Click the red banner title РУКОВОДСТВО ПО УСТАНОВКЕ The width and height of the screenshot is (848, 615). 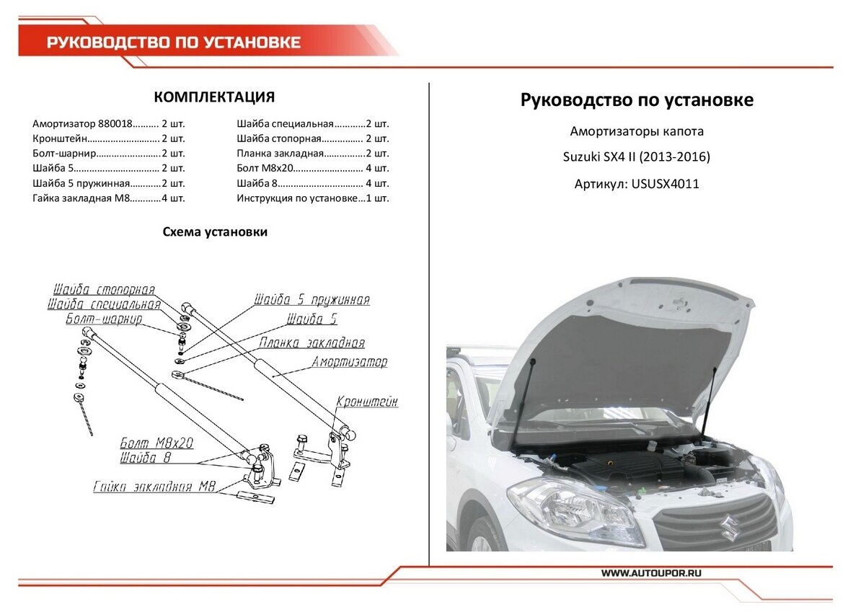tap(174, 43)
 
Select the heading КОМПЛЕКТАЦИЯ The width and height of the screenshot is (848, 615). tap(214, 97)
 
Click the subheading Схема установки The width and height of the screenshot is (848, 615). tap(214, 232)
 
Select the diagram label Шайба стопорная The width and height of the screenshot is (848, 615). tap(104, 290)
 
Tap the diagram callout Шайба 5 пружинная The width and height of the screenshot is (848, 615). tap(312, 300)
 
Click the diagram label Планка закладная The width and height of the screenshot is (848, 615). tap(312, 343)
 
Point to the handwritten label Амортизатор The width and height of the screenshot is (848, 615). tap(349, 362)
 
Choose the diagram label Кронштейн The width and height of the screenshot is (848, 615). tap(366, 402)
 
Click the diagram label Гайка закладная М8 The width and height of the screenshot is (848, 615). tap(154, 487)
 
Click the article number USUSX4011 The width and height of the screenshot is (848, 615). tap(665, 184)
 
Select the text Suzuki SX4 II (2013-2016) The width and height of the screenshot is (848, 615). tap(636, 157)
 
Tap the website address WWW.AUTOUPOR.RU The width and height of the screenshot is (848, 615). tap(651, 572)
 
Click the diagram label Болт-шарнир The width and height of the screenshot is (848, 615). tap(103, 319)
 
